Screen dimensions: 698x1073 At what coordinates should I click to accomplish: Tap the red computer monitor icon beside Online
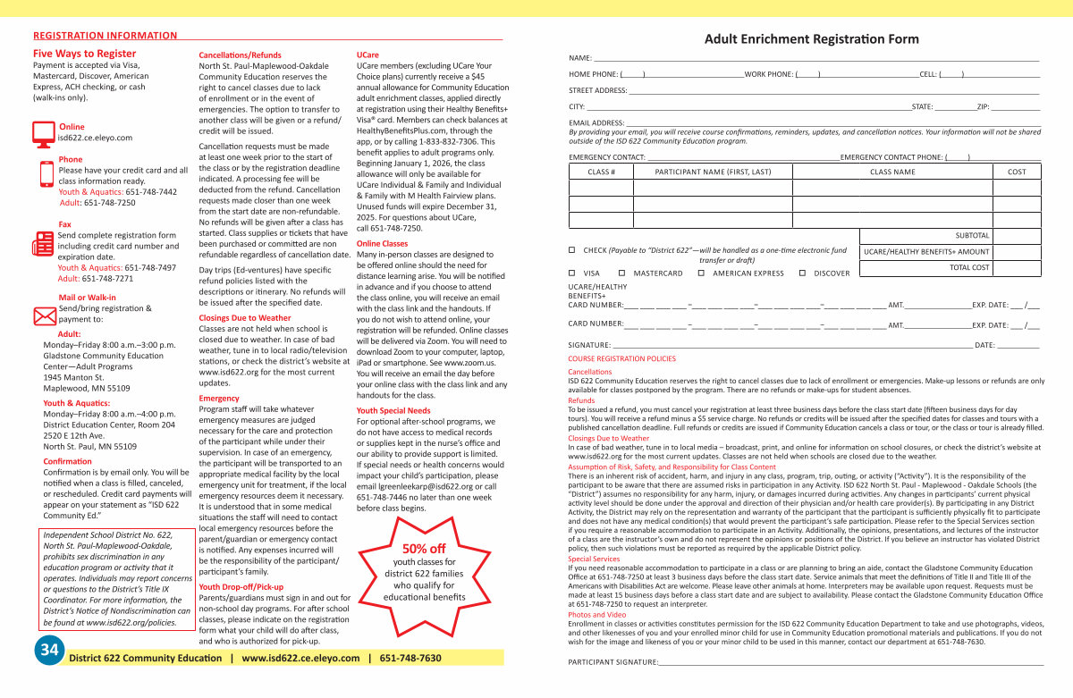[43, 133]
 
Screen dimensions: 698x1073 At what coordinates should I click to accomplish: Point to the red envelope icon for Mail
[44, 315]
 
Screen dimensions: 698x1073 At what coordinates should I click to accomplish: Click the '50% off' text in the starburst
[424, 548]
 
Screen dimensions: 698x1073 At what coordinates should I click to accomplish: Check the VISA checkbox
[572, 273]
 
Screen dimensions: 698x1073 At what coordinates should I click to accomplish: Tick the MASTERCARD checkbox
[622, 273]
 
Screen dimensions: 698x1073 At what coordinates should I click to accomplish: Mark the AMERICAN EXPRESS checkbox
[701, 273]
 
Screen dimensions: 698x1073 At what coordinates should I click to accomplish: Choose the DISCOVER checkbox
[803, 273]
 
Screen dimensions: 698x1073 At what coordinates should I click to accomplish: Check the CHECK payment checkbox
[572, 250]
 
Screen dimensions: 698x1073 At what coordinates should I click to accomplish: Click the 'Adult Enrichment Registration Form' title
[811, 39]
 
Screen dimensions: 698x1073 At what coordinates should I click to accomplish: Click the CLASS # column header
[601, 172]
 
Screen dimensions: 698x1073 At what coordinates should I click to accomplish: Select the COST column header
[1017, 172]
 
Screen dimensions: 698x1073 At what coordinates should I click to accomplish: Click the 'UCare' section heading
[368, 55]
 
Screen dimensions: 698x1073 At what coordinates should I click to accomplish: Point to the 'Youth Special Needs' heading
[393, 410]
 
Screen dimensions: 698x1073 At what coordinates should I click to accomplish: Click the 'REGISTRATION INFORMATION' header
[106, 36]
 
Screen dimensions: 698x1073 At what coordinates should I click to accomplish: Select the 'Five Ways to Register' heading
[84, 54]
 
